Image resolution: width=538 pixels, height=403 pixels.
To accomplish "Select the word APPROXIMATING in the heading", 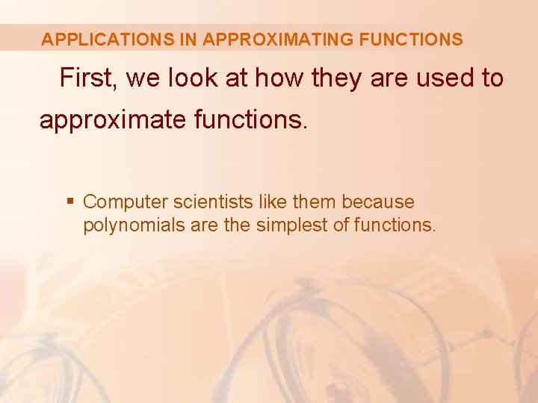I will tap(278, 40).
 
